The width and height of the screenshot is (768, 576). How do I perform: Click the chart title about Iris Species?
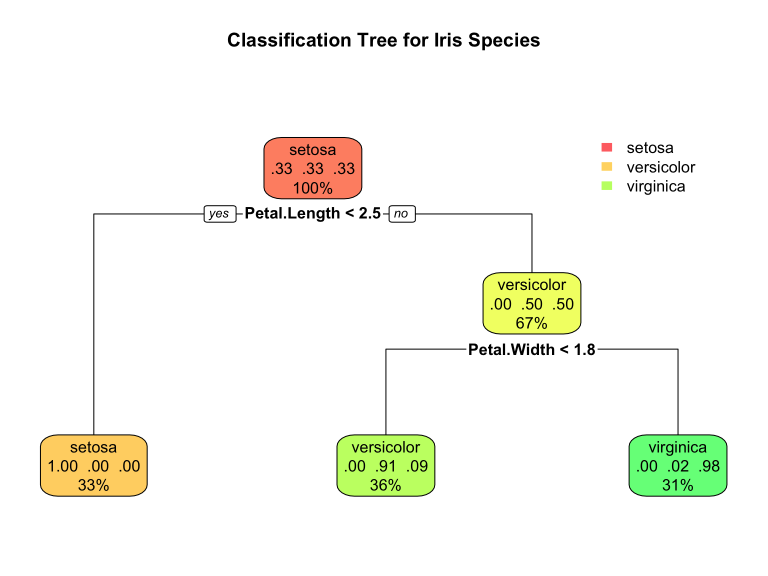(383, 40)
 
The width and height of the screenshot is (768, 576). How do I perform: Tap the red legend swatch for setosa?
(606, 147)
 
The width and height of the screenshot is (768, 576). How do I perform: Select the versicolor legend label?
(660, 167)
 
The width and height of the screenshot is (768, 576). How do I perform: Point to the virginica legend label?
(655, 186)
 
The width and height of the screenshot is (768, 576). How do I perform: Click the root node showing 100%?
(312, 168)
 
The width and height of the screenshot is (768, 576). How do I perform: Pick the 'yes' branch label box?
(219, 214)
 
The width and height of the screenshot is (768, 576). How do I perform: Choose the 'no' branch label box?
(401, 214)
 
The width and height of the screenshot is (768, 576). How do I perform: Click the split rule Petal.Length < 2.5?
(312, 213)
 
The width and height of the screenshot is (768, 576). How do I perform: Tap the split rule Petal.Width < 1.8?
(531, 349)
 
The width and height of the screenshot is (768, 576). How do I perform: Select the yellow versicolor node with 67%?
(531, 303)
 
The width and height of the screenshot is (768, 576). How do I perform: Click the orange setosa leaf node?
(93, 465)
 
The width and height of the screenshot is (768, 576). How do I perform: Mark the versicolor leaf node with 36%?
(385, 465)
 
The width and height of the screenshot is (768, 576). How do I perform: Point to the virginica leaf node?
(677, 465)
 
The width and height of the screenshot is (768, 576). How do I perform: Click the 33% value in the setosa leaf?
(93, 485)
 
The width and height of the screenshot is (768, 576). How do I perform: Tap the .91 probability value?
(385, 466)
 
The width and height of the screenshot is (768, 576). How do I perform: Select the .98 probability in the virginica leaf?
(709, 466)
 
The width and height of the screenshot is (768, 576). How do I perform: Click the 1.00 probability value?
(62, 466)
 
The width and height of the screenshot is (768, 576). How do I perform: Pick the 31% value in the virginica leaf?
(677, 485)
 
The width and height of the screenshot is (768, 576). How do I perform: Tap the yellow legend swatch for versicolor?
(606, 166)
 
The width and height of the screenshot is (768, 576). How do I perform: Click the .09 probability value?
(417, 466)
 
